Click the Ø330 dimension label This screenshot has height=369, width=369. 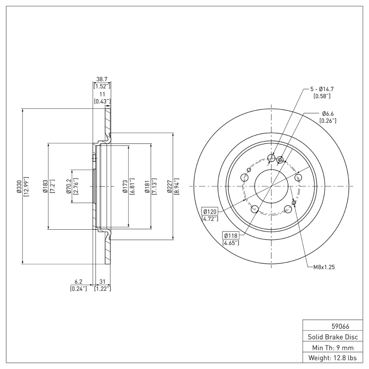19,186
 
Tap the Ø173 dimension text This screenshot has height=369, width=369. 125,186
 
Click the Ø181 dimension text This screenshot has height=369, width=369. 147,186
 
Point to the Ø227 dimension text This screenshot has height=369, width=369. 169,186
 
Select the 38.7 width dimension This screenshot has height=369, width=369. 101,79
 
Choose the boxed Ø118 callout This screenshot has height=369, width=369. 231,235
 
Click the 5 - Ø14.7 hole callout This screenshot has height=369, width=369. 322,89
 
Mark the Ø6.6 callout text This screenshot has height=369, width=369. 327,113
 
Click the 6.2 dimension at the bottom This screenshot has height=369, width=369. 78,281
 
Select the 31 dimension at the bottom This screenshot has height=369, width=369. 102,281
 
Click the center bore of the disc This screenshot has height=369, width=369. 271,186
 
